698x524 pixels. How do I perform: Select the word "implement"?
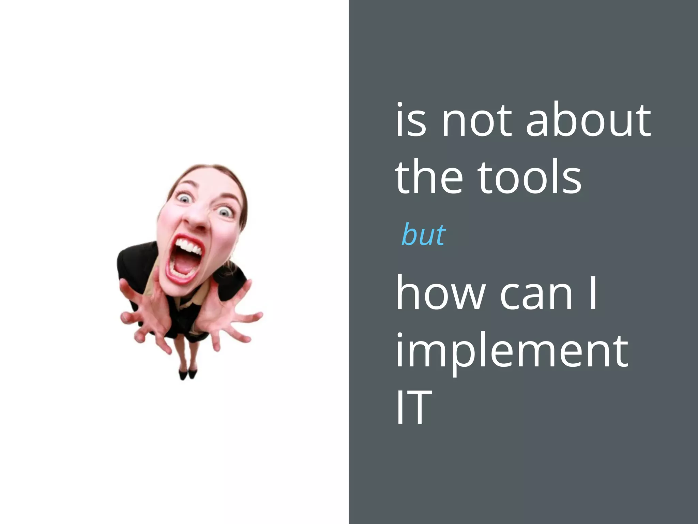[511, 351]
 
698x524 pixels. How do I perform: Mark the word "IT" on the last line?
[414, 407]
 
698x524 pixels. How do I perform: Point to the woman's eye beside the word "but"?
[224, 213]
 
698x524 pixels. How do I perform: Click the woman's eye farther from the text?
[184, 198]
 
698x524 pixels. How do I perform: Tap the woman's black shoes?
[188, 374]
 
